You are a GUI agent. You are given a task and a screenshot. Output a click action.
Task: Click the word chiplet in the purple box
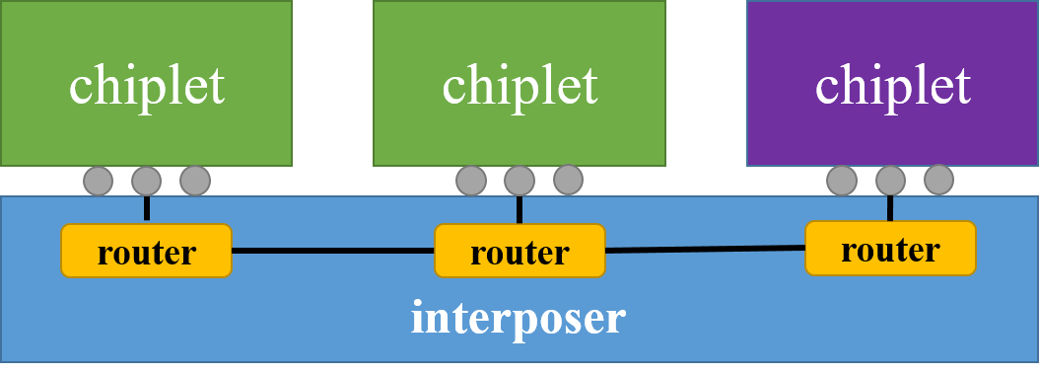click(892, 85)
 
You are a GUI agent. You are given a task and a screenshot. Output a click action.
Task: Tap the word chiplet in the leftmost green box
click(146, 85)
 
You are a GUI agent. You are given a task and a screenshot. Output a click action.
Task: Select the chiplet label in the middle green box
click(519, 85)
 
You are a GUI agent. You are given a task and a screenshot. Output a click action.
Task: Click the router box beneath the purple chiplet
click(890, 249)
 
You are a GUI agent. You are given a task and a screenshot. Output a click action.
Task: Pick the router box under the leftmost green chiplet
click(146, 252)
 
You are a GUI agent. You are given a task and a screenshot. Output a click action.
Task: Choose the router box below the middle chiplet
click(519, 252)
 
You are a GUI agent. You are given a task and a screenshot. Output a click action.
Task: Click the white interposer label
click(519, 319)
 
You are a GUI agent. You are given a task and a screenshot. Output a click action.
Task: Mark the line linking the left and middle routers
click(332, 252)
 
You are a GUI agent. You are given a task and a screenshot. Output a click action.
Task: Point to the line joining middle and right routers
click(705, 250)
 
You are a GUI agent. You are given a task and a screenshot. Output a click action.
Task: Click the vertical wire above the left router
click(146, 209)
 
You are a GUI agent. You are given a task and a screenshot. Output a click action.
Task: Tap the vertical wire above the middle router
click(519, 209)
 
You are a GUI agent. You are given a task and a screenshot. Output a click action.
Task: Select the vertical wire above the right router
click(890, 207)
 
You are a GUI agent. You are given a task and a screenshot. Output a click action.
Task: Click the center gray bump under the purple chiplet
click(890, 181)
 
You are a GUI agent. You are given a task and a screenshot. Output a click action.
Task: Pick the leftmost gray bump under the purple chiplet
click(841, 181)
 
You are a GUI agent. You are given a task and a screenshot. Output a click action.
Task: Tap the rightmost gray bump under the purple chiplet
click(938, 180)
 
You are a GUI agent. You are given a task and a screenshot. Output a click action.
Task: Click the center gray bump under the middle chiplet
click(519, 181)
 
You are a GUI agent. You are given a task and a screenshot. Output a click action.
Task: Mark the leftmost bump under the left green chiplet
click(98, 181)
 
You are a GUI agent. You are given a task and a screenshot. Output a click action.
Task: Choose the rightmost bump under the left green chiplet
click(195, 181)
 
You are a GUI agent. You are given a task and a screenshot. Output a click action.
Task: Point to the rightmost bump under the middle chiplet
click(568, 180)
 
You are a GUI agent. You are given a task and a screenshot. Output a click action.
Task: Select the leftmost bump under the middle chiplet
click(471, 181)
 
